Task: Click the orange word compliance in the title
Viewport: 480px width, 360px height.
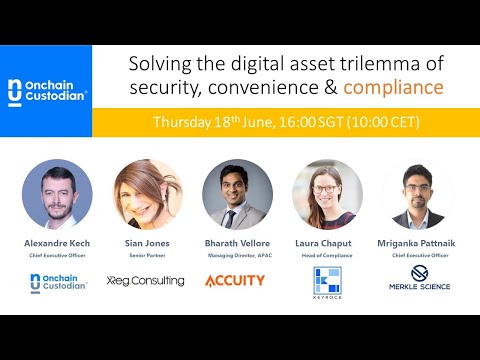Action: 393,87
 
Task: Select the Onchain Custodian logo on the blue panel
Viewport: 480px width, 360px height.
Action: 46,92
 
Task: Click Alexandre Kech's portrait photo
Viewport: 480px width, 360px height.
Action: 57,194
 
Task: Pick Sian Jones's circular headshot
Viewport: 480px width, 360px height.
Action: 146,194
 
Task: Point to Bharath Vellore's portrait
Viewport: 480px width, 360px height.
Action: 237,194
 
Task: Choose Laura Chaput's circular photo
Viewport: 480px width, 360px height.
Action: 327,194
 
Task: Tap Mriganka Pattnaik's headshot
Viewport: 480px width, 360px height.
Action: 417,194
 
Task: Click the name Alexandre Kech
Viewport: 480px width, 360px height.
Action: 57,242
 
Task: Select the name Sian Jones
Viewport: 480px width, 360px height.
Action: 146,242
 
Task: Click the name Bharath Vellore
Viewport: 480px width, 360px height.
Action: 236,242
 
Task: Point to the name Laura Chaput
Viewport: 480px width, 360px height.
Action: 327,242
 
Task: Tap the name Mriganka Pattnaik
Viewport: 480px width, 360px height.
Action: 417,242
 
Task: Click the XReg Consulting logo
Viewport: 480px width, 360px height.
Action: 146,281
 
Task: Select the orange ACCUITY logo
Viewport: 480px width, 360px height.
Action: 235,281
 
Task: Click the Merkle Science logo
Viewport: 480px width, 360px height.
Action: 419,279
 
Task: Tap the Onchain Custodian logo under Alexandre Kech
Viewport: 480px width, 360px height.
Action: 57,283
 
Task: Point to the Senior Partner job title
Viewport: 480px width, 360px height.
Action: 146,254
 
